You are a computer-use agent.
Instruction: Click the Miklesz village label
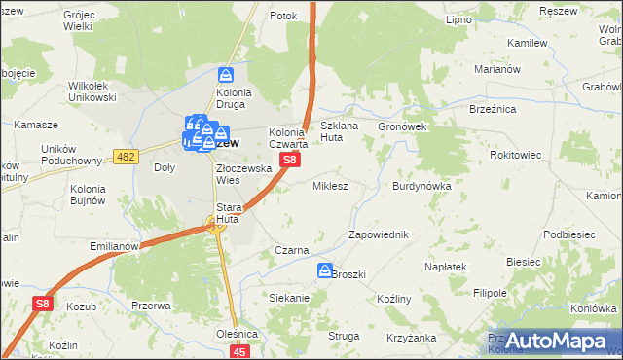pos(329,185)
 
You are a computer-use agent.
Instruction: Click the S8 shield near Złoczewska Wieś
pos(289,160)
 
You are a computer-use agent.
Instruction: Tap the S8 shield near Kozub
pos(42,305)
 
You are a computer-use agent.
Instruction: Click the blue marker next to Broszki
pos(325,270)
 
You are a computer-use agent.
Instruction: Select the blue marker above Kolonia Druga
pos(227,74)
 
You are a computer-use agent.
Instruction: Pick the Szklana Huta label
pos(345,132)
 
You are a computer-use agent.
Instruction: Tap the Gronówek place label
pos(402,126)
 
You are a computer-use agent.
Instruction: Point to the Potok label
pos(283,17)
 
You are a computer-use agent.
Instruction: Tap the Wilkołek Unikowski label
pos(92,91)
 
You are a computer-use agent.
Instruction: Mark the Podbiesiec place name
pos(569,234)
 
